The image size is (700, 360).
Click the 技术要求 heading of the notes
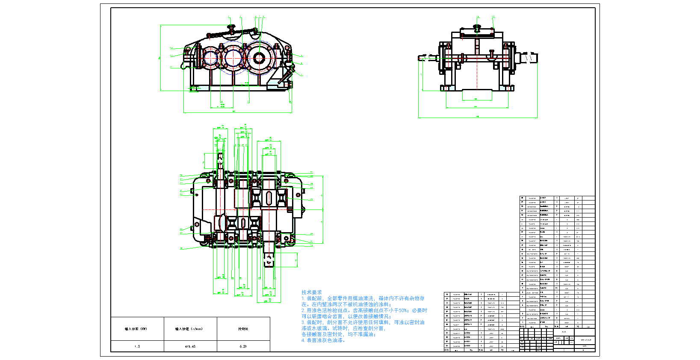click(311, 292)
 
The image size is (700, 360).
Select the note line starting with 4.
click(323, 340)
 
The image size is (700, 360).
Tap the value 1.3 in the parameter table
click(137, 346)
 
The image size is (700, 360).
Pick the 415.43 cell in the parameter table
click(190, 346)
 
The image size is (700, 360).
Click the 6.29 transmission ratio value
click(243, 346)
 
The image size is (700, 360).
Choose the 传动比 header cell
click(243, 329)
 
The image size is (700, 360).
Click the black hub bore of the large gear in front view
click(259, 59)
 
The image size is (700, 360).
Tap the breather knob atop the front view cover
click(232, 27)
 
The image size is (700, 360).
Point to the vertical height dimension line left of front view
click(161, 58)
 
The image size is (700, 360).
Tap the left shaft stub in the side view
click(424, 57)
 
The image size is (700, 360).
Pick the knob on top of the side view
click(477, 28)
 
